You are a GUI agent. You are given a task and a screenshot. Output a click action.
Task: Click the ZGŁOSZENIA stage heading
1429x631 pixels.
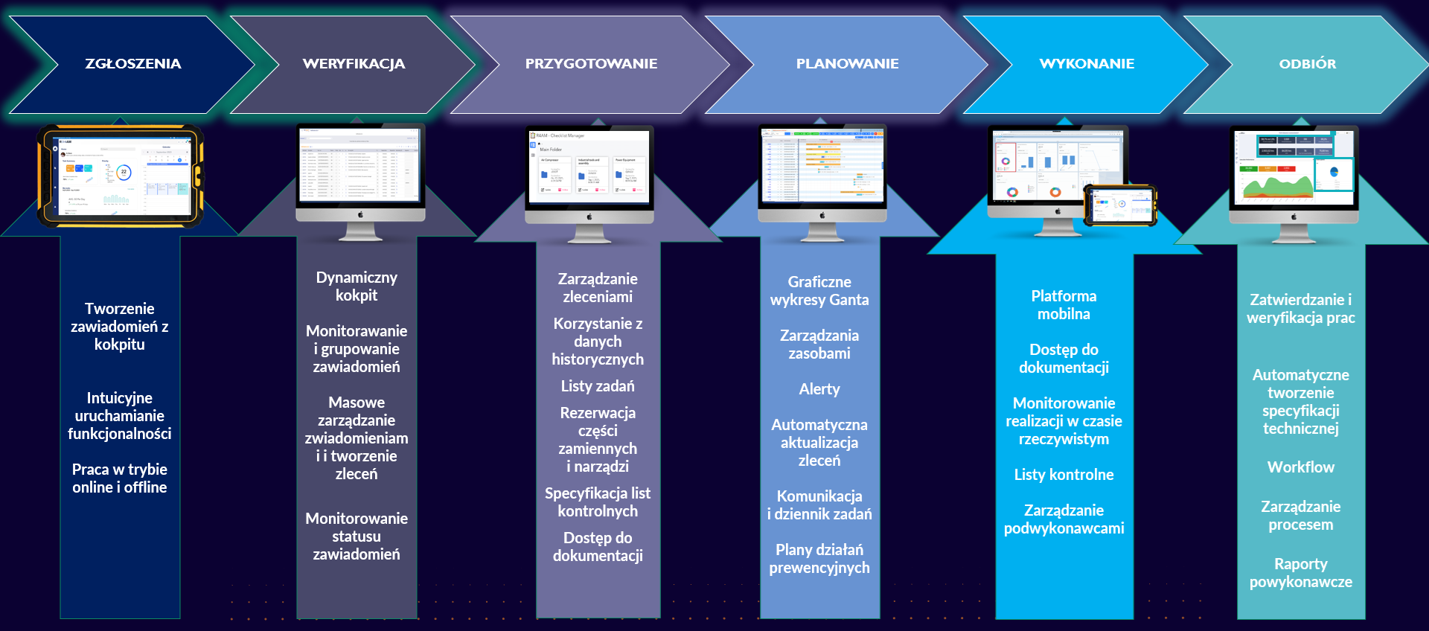[132, 64]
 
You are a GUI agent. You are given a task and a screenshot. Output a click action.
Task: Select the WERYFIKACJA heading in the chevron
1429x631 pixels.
[354, 64]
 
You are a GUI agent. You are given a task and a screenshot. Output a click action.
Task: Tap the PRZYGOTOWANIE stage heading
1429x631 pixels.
[591, 64]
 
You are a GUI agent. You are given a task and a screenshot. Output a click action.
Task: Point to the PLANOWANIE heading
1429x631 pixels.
[847, 64]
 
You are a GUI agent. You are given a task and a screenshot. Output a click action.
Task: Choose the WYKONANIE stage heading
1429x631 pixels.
[1087, 64]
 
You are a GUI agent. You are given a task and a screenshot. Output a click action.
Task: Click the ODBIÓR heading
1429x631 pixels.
[1307, 64]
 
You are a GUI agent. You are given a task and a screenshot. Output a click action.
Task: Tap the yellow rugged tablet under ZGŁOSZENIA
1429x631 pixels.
[121, 176]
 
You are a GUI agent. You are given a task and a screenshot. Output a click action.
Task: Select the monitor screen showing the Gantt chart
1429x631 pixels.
[822, 167]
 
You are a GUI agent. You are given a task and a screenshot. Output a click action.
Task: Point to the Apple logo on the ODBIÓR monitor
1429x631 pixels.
[1294, 217]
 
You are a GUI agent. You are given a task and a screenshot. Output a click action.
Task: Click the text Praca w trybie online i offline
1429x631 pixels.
[119, 478]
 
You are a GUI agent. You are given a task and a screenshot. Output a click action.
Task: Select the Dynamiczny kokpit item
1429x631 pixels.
[357, 286]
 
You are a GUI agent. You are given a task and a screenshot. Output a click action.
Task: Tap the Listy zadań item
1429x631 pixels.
[598, 386]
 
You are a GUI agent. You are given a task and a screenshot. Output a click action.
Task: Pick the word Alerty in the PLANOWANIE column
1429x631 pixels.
[819, 389]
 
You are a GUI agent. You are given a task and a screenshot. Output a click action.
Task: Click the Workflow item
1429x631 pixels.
[1300, 467]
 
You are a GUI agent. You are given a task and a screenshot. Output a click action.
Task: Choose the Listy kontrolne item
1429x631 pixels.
[1064, 475]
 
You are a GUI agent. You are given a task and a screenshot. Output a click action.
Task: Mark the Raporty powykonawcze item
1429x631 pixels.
[1300, 573]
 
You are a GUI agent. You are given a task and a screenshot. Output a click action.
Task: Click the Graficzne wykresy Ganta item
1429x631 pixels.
[819, 291]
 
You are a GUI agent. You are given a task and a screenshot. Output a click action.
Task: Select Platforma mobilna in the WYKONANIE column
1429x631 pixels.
[1064, 305]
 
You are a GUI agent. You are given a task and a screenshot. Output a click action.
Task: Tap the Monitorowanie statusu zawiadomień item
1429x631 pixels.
[357, 536]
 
